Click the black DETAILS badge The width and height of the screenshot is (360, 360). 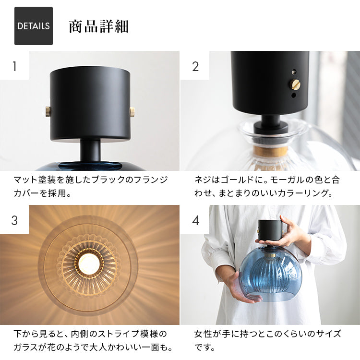tap(34, 26)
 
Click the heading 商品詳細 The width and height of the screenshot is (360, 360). tap(98, 26)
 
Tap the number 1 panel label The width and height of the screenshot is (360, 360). tap(14, 66)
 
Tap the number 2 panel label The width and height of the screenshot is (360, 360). tap(195, 66)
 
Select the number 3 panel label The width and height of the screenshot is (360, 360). tap(14, 220)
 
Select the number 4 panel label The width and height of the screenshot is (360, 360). tap(195, 220)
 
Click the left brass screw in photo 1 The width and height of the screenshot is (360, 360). tap(48, 111)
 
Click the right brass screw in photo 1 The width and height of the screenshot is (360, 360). tap(132, 112)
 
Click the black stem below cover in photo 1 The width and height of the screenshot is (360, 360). tap(90, 150)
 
